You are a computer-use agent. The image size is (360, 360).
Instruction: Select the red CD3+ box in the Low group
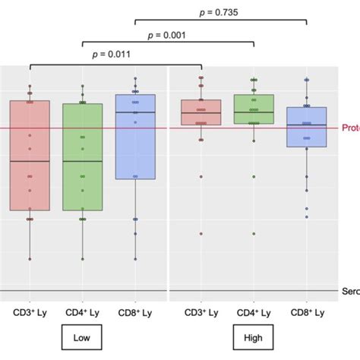click(30, 155)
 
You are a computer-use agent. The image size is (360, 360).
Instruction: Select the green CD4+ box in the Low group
click(82, 156)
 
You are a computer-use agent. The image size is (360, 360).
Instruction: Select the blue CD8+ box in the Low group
click(135, 137)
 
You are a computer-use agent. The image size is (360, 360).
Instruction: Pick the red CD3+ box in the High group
click(201, 112)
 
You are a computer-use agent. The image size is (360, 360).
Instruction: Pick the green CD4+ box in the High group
click(254, 109)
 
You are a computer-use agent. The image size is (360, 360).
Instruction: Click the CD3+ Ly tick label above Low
click(30, 312)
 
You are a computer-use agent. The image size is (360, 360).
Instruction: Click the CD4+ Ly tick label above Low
click(82, 312)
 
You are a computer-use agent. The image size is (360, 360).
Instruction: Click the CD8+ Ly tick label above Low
click(135, 312)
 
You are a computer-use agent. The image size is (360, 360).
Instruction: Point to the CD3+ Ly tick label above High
click(201, 312)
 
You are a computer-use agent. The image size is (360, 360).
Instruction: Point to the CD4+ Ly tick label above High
click(254, 312)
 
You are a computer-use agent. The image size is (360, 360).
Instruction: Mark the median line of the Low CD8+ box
click(135, 112)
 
